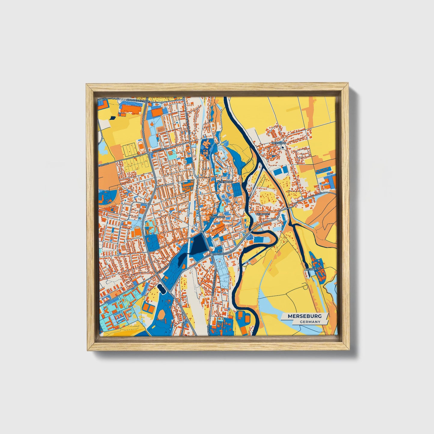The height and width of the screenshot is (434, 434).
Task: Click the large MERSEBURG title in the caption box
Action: pos(305,316)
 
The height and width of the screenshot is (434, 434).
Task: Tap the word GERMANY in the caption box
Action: pos(310,322)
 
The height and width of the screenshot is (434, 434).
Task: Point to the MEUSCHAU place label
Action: pos(279,143)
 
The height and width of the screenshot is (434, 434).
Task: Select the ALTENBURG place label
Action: pos(225,182)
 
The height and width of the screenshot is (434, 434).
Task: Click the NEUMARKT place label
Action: pos(263,214)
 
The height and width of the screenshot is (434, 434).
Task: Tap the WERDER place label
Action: pos(311,269)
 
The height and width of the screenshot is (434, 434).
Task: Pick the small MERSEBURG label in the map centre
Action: pos(217,216)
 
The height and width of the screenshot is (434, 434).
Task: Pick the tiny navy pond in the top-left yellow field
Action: pos(113,117)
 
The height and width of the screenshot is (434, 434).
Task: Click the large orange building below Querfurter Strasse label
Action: pos(131,108)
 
